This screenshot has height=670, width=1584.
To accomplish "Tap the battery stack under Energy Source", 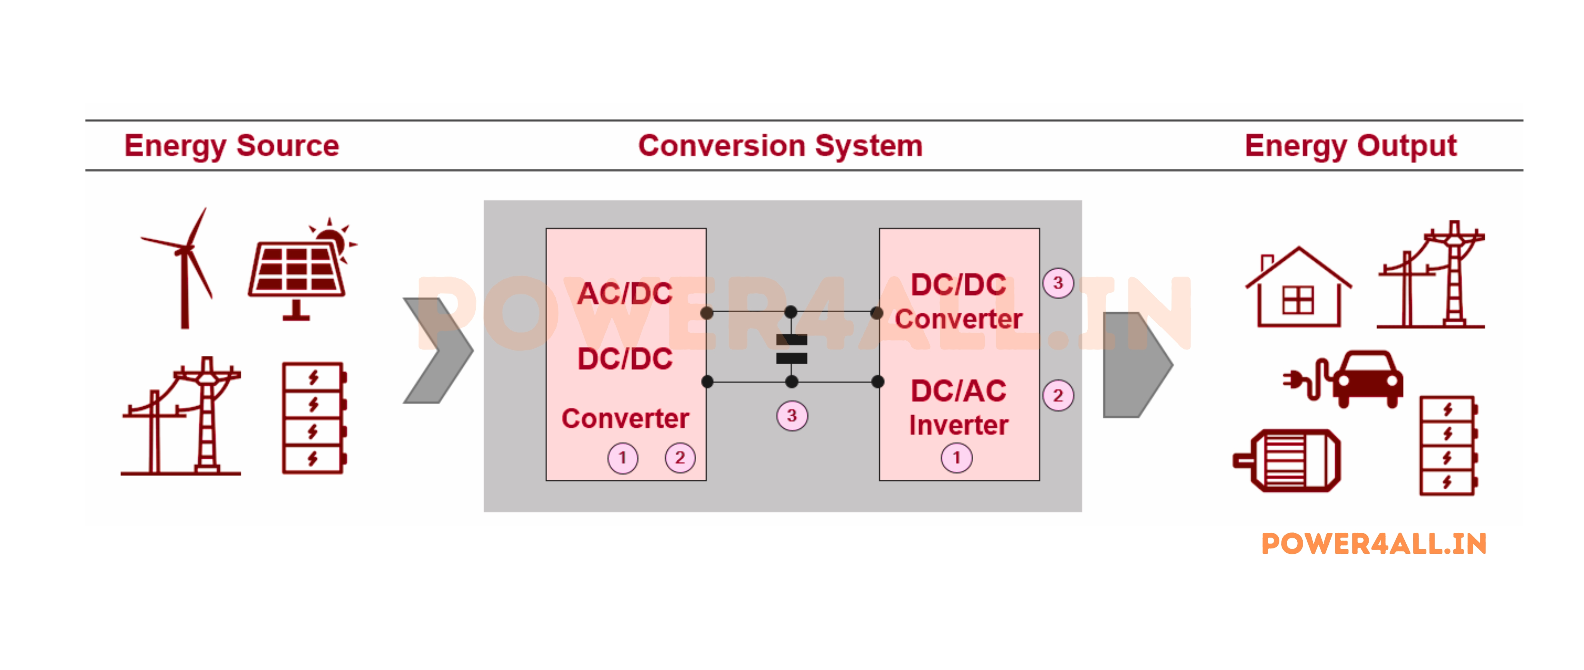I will coord(314,418).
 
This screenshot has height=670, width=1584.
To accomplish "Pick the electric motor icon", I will coord(1288,460).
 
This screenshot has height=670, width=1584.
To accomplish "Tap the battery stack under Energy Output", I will coord(1448,446).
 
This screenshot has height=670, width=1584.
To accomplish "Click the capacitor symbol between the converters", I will coord(791,349).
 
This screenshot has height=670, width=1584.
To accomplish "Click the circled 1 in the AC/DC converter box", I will coord(622,458).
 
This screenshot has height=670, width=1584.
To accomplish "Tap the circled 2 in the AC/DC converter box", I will coord(679,458).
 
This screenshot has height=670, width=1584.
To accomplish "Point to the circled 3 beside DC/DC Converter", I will coord(1058,283).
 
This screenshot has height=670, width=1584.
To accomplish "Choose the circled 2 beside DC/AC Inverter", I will coord(1058,396).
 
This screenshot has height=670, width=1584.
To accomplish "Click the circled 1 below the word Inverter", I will coord(956,458).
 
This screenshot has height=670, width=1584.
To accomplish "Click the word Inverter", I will coord(958,426).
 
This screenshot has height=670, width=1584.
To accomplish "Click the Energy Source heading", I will coord(231,146).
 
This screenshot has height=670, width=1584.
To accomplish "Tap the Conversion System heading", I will coord(780,146).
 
